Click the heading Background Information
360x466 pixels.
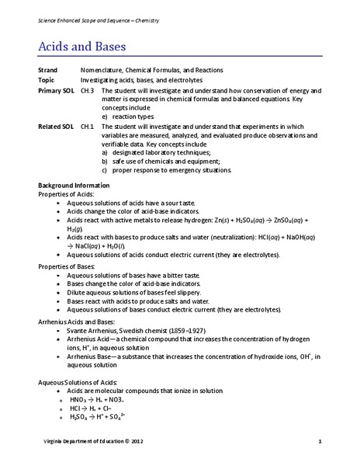74,186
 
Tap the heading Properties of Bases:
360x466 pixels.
66,266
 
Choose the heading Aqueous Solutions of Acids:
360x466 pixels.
77,381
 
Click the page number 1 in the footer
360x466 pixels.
320,443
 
